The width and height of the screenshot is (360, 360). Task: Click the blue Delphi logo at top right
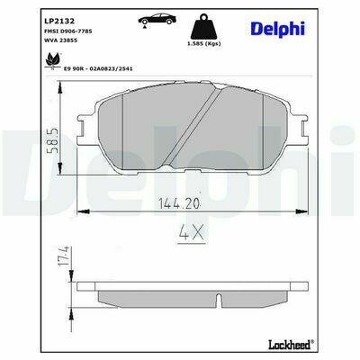click(277, 29)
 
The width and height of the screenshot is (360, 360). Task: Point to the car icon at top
click(157, 20)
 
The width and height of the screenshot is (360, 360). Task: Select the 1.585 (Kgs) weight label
click(204, 44)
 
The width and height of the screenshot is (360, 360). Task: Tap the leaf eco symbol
click(53, 61)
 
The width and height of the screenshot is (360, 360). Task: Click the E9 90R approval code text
click(98, 68)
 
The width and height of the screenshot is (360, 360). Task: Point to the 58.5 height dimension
click(55, 141)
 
